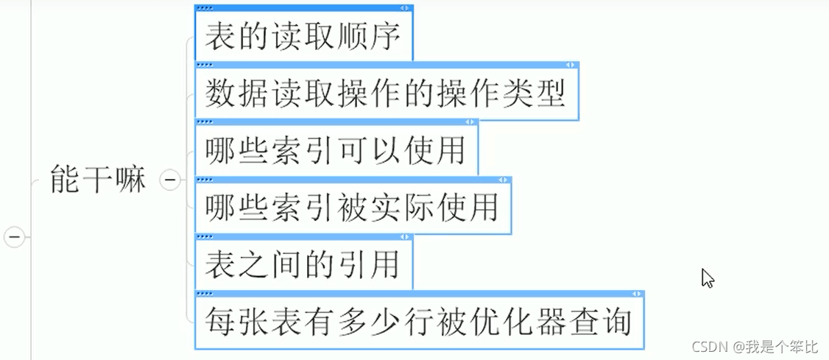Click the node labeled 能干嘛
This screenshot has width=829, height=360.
coord(98,180)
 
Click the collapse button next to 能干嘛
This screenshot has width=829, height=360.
coord(170,180)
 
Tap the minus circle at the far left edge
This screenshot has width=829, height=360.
coord(15,237)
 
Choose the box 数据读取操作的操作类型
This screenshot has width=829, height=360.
coord(387,93)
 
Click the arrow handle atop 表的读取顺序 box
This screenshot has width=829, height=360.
coord(405,7)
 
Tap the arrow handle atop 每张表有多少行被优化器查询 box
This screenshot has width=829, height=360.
coord(636,294)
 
